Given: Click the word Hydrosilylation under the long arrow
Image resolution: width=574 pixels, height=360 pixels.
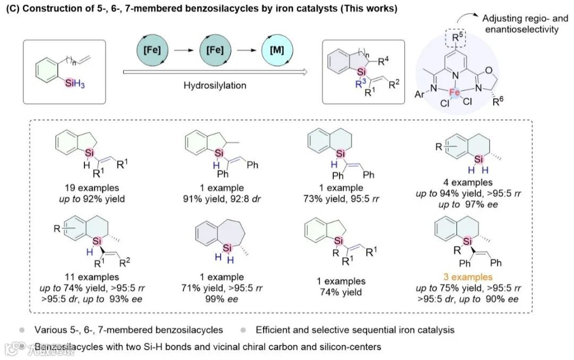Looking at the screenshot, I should [214, 85].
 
